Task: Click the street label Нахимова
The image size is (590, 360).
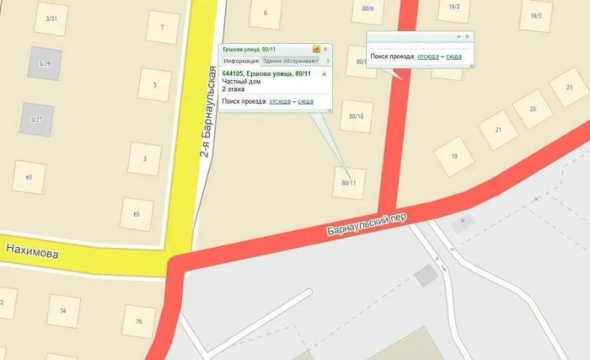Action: click(x=33, y=250)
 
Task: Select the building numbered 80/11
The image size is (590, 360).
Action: click(x=349, y=183)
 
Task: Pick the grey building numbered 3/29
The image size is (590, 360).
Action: click(x=45, y=64)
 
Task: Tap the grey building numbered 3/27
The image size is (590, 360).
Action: click(x=36, y=120)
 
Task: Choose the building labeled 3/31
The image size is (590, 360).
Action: click(x=51, y=19)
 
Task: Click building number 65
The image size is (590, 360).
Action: click(x=137, y=214)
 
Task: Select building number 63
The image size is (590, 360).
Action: click(x=29, y=177)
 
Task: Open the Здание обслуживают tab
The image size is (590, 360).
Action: click(x=291, y=62)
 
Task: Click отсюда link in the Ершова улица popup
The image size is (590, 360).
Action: click(x=279, y=101)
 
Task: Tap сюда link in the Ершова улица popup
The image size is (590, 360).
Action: click(x=305, y=101)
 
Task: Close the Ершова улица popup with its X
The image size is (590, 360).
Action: click(x=326, y=50)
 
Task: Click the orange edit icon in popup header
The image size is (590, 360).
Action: click(x=316, y=50)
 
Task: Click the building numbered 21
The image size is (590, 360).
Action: click(x=498, y=130)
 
